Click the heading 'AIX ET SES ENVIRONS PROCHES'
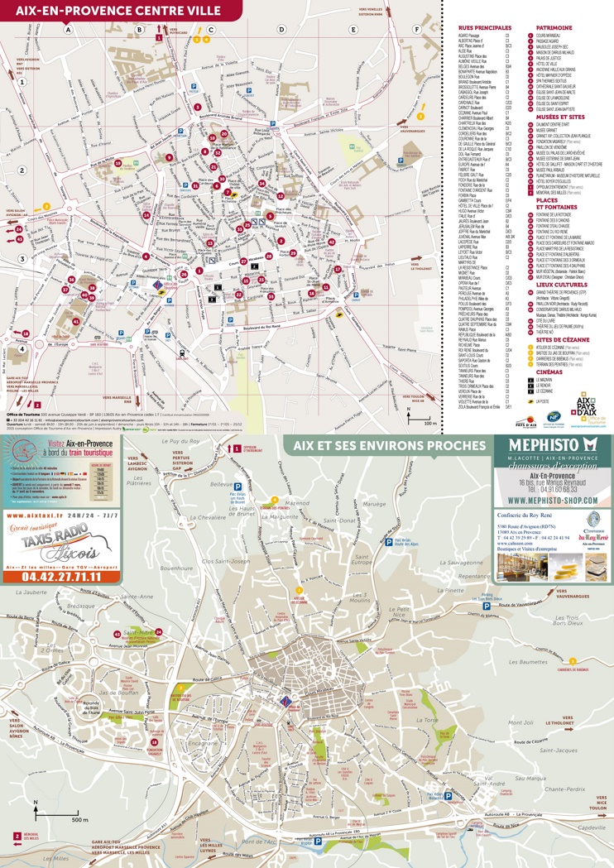[x=388, y=446]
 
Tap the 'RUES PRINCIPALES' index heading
[x=484, y=28]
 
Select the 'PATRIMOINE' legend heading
[x=554, y=27]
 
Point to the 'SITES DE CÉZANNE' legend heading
[x=561, y=339]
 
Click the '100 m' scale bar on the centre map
[x=429, y=423]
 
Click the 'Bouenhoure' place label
[x=175, y=568]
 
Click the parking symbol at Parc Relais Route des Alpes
[x=387, y=541]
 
